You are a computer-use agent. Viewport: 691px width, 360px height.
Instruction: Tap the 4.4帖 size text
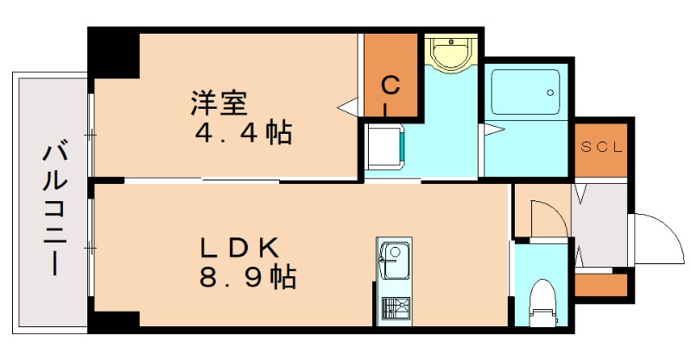[x=243, y=134]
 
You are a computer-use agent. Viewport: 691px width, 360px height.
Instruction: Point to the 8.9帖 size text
[x=245, y=278]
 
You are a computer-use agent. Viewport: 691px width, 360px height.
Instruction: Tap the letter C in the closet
[x=390, y=85]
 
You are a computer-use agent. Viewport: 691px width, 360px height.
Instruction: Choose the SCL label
[x=599, y=147]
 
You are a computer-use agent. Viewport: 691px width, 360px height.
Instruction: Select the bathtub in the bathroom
[x=524, y=90]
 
